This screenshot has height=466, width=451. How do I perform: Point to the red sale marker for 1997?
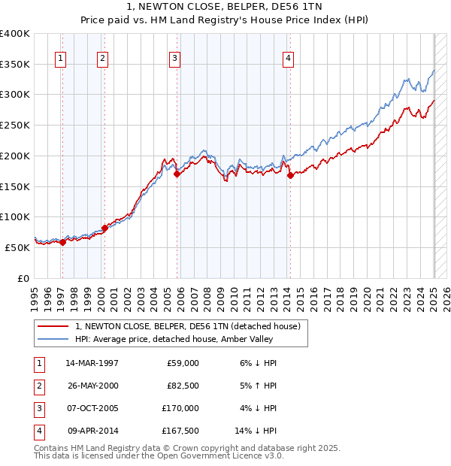[x=63, y=242]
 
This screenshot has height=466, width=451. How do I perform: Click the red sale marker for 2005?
[x=177, y=174]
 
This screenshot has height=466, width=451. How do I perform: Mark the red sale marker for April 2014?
[x=290, y=175]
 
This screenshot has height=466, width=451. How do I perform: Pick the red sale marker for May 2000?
[x=104, y=228]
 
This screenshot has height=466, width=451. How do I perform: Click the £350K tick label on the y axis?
[x=15, y=64]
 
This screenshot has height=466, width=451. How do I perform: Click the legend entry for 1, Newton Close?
[x=188, y=326]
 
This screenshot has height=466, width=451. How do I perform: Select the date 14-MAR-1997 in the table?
[x=92, y=363]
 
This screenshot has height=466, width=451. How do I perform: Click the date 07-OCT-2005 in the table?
[x=92, y=408]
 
